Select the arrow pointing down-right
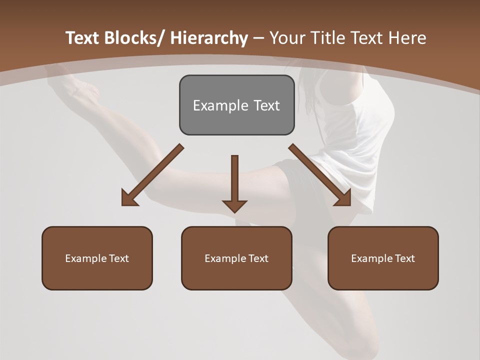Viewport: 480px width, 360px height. pos(320,175)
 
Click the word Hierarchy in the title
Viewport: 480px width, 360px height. pos(209,38)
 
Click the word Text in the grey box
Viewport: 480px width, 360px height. pos(266,105)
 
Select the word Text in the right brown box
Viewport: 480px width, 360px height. pos(405,258)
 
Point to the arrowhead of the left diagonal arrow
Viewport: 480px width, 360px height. pos(129,199)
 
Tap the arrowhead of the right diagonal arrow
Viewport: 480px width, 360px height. pos(343,199)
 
